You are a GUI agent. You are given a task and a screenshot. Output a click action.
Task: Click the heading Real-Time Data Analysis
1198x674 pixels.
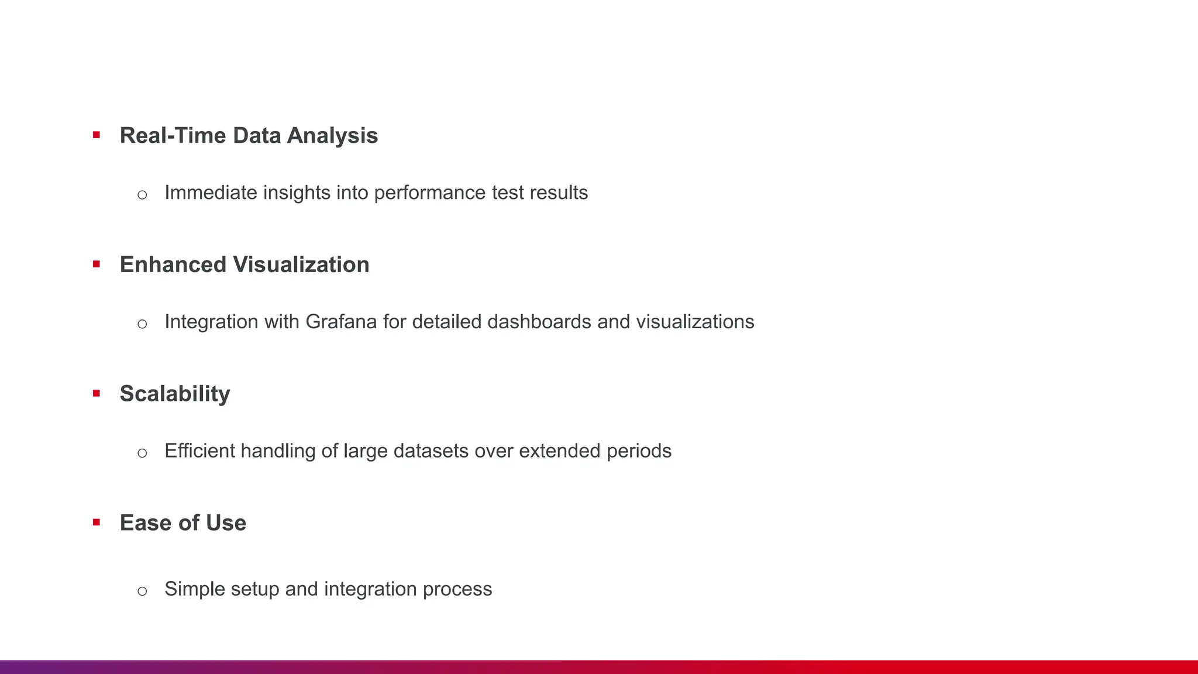[x=249, y=136]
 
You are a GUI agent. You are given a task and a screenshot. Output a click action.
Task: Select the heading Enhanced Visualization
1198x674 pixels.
[x=245, y=265]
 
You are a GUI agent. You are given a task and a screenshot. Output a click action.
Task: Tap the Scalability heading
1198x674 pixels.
[x=175, y=394]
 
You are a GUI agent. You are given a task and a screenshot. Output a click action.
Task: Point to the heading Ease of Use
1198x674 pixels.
[x=183, y=523]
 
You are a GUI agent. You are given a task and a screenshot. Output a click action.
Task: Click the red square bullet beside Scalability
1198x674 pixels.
[x=97, y=393]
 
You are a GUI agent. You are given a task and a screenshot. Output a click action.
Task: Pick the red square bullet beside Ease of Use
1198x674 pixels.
[x=97, y=522]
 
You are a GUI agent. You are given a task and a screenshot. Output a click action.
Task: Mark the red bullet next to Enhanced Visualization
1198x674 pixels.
[x=97, y=264]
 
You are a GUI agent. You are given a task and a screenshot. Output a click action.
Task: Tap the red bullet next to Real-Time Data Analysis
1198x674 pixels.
[x=97, y=135]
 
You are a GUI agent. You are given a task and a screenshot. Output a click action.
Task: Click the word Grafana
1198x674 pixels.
[x=341, y=322]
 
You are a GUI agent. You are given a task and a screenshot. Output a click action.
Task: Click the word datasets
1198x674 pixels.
[x=431, y=451]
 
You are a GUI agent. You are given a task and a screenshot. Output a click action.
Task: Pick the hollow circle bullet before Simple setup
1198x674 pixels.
[x=142, y=591]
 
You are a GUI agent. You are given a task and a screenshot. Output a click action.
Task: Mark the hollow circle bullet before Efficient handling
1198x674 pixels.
[x=142, y=453]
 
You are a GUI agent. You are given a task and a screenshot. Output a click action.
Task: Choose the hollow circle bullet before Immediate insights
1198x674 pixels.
[x=142, y=195]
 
